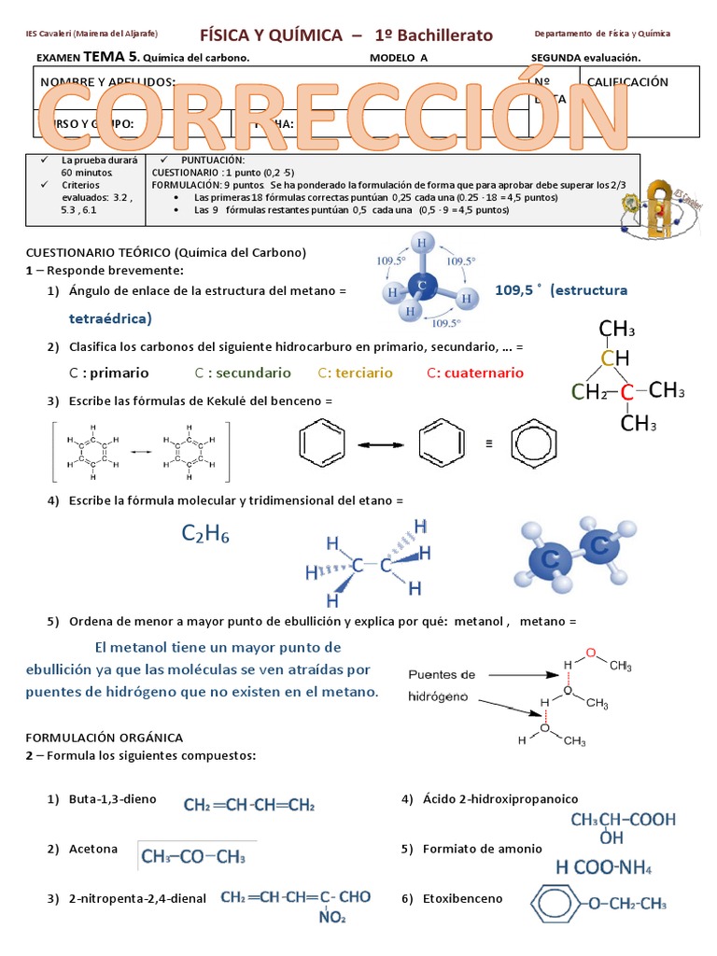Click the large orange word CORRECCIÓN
tap(332, 117)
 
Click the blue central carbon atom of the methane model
tap(423, 286)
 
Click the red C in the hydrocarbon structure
tap(627, 393)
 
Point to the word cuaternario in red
tap(475, 373)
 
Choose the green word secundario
tap(243, 373)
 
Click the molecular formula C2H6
tap(205, 534)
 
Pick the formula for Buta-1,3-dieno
tap(249, 805)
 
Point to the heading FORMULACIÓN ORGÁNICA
tap(105, 738)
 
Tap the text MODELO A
tap(399, 58)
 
